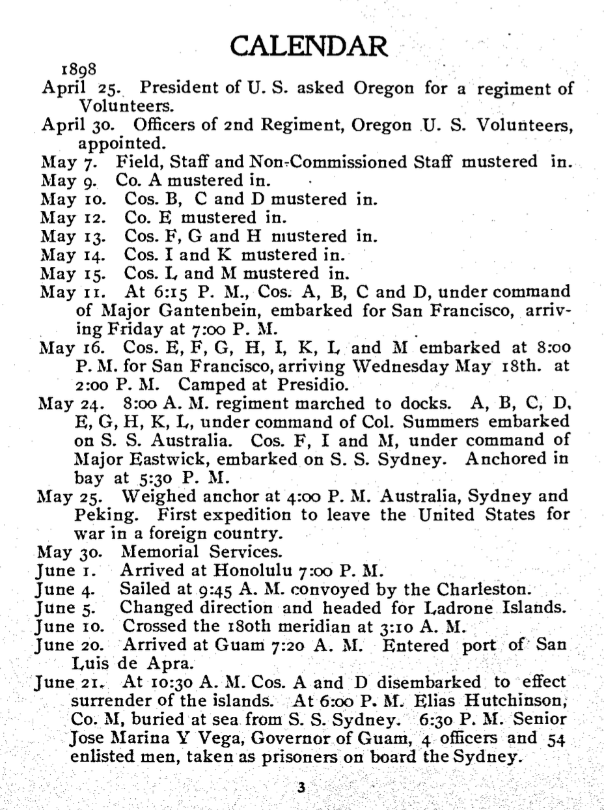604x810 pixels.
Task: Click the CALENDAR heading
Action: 310,46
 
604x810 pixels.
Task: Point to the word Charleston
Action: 488,591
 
